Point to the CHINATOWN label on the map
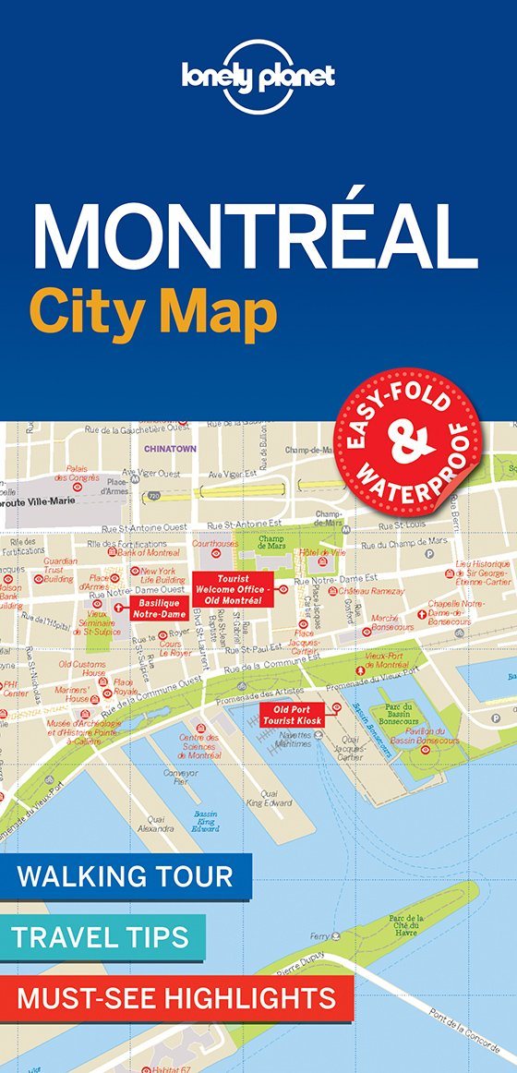(x=170, y=449)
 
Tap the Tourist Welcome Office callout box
(x=234, y=589)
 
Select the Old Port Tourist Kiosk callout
(x=289, y=713)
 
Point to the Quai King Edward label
(x=269, y=797)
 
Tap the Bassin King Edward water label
(x=205, y=821)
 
